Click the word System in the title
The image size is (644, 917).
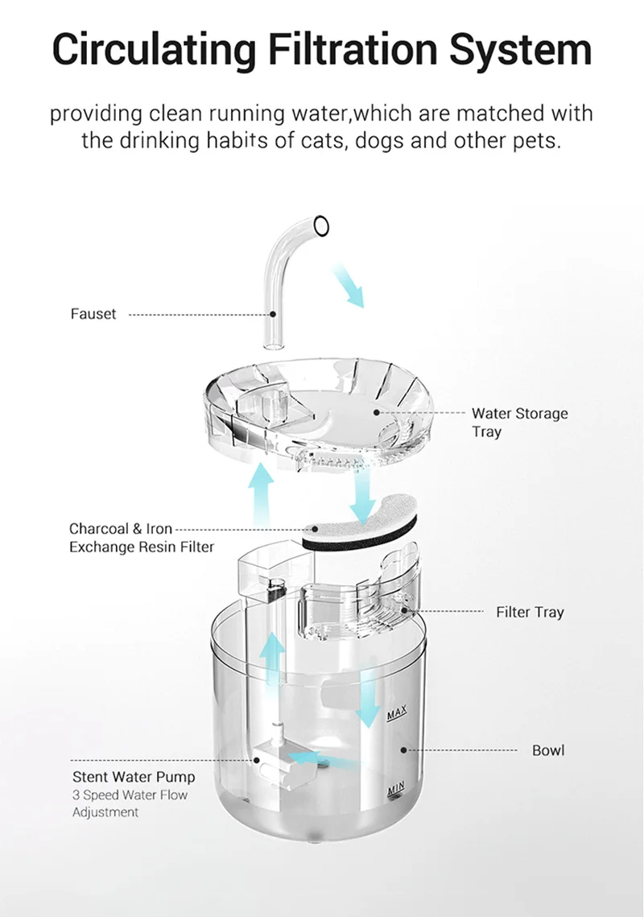[x=521, y=50]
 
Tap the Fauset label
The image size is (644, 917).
[x=93, y=314]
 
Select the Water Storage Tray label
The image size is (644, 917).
[x=519, y=422]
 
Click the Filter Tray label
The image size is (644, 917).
[x=530, y=613]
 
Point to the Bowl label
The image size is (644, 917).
[x=548, y=750]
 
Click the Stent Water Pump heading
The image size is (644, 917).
[x=134, y=777]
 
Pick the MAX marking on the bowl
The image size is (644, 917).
[x=397, y=713]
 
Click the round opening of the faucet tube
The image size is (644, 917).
[x=321, y=225]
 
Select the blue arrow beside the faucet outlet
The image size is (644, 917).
[x=349, y=285]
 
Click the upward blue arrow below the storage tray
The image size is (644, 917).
[x=261, y=494]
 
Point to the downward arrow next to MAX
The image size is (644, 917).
[x=368, y=699]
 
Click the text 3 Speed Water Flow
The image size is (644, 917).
[x=130, y=795]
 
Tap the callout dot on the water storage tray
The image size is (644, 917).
[x=377, y=412]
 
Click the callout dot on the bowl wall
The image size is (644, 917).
[x=403, y=750]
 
